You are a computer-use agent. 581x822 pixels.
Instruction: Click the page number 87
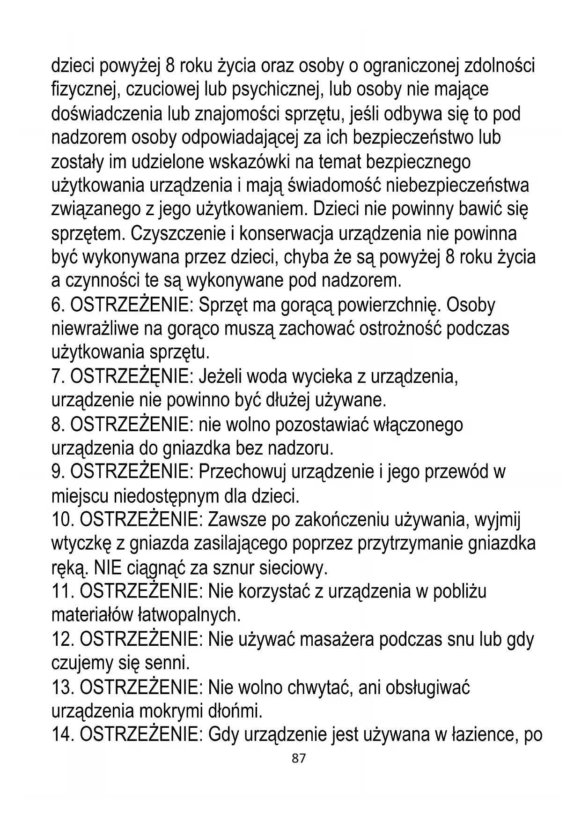298,758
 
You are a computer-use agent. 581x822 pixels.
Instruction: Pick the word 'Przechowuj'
242,472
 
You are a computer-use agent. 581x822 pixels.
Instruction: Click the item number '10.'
62,520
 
